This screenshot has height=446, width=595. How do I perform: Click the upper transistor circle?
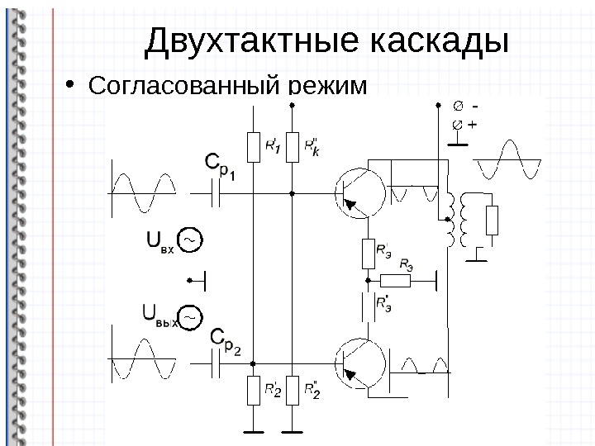pos(359,192)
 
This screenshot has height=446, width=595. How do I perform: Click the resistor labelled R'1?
pos(253,148)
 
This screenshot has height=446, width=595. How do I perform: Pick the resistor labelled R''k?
pos(292,148)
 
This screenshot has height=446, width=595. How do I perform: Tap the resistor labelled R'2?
pos(253,390)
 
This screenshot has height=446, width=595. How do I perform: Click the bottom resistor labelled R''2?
pos(292,390)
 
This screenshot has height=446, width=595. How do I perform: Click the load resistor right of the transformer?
pos(493,221)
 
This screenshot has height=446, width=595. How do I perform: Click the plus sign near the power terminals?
pos(472,126)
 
